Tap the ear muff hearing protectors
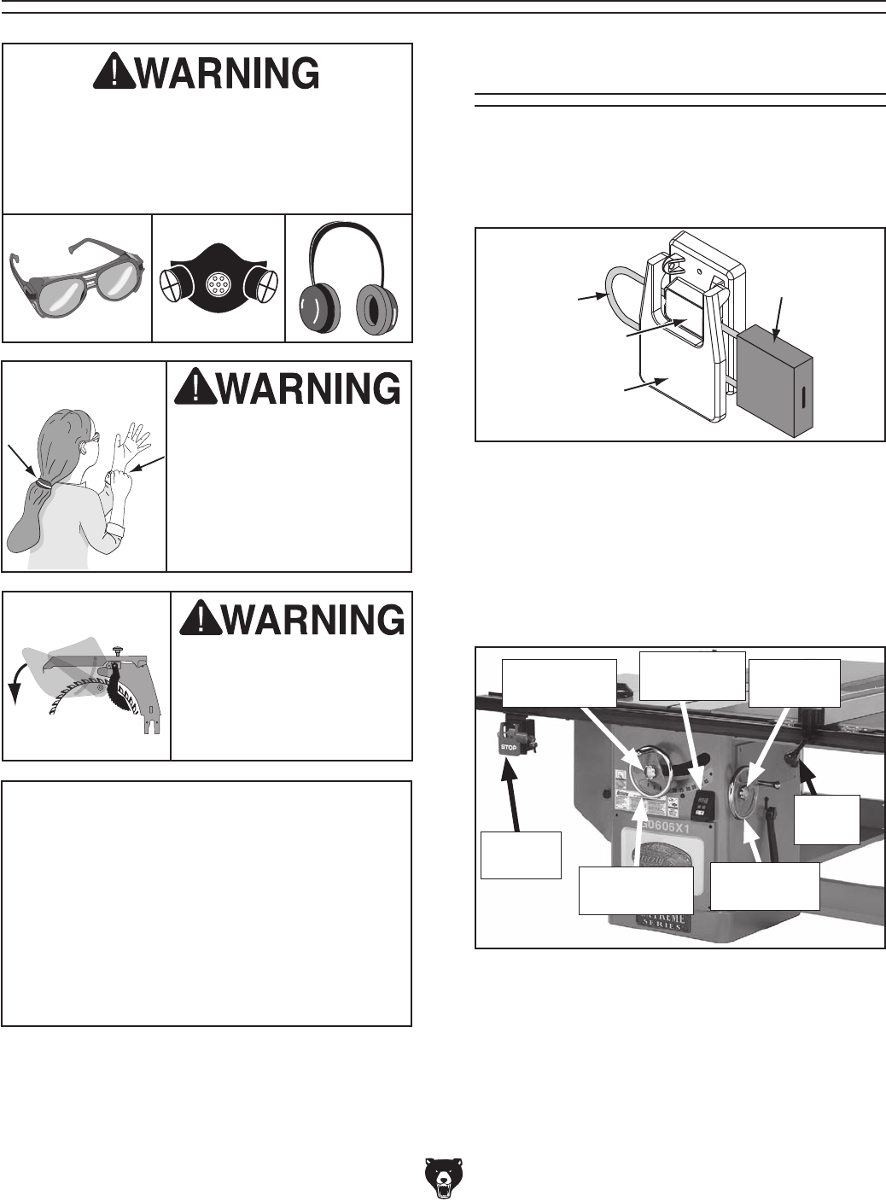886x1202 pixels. tap(349, 282)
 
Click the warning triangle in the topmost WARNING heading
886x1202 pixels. tap(114, 75)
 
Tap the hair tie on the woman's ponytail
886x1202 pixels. tap(40, 484)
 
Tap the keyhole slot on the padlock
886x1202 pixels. tap(802, 400)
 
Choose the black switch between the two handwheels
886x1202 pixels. tap(703, 802)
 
